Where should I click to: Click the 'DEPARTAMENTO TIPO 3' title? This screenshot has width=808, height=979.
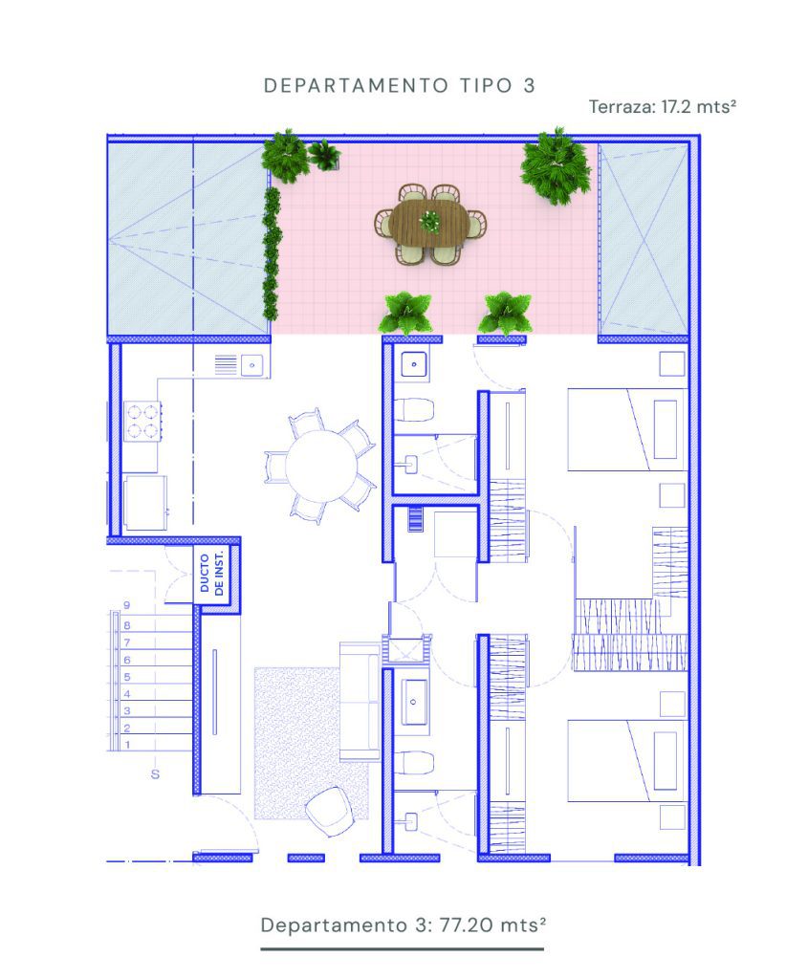point(400,85)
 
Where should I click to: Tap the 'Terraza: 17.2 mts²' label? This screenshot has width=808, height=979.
point(663,107)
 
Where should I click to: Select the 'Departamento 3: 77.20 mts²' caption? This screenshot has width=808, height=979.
point(404,925)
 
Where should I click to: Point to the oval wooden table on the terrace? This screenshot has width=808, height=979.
point(429,222)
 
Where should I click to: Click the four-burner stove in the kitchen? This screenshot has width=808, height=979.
point(142,422)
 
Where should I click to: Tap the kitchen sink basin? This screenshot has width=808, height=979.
point(252,364)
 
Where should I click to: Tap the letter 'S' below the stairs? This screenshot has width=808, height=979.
point(155,774)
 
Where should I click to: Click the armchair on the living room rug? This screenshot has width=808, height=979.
point(328,811)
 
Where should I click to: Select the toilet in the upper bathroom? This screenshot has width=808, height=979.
point(414,409)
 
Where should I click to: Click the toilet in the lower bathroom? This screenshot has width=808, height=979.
point(414,762)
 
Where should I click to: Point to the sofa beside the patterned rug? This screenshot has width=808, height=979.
point(360,701)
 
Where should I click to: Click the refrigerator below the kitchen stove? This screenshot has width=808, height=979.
point(145,503)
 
